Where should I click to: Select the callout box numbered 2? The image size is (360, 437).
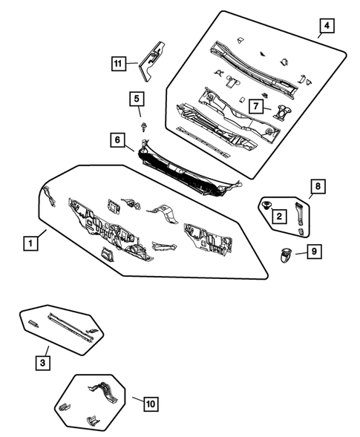coord(279,216)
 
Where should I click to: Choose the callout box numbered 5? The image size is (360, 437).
coord(137,98)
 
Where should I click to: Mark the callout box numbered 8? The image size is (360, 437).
coord(318,186)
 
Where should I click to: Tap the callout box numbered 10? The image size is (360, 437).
coord(151,404)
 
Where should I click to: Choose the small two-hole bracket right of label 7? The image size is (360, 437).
coord(283,112)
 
